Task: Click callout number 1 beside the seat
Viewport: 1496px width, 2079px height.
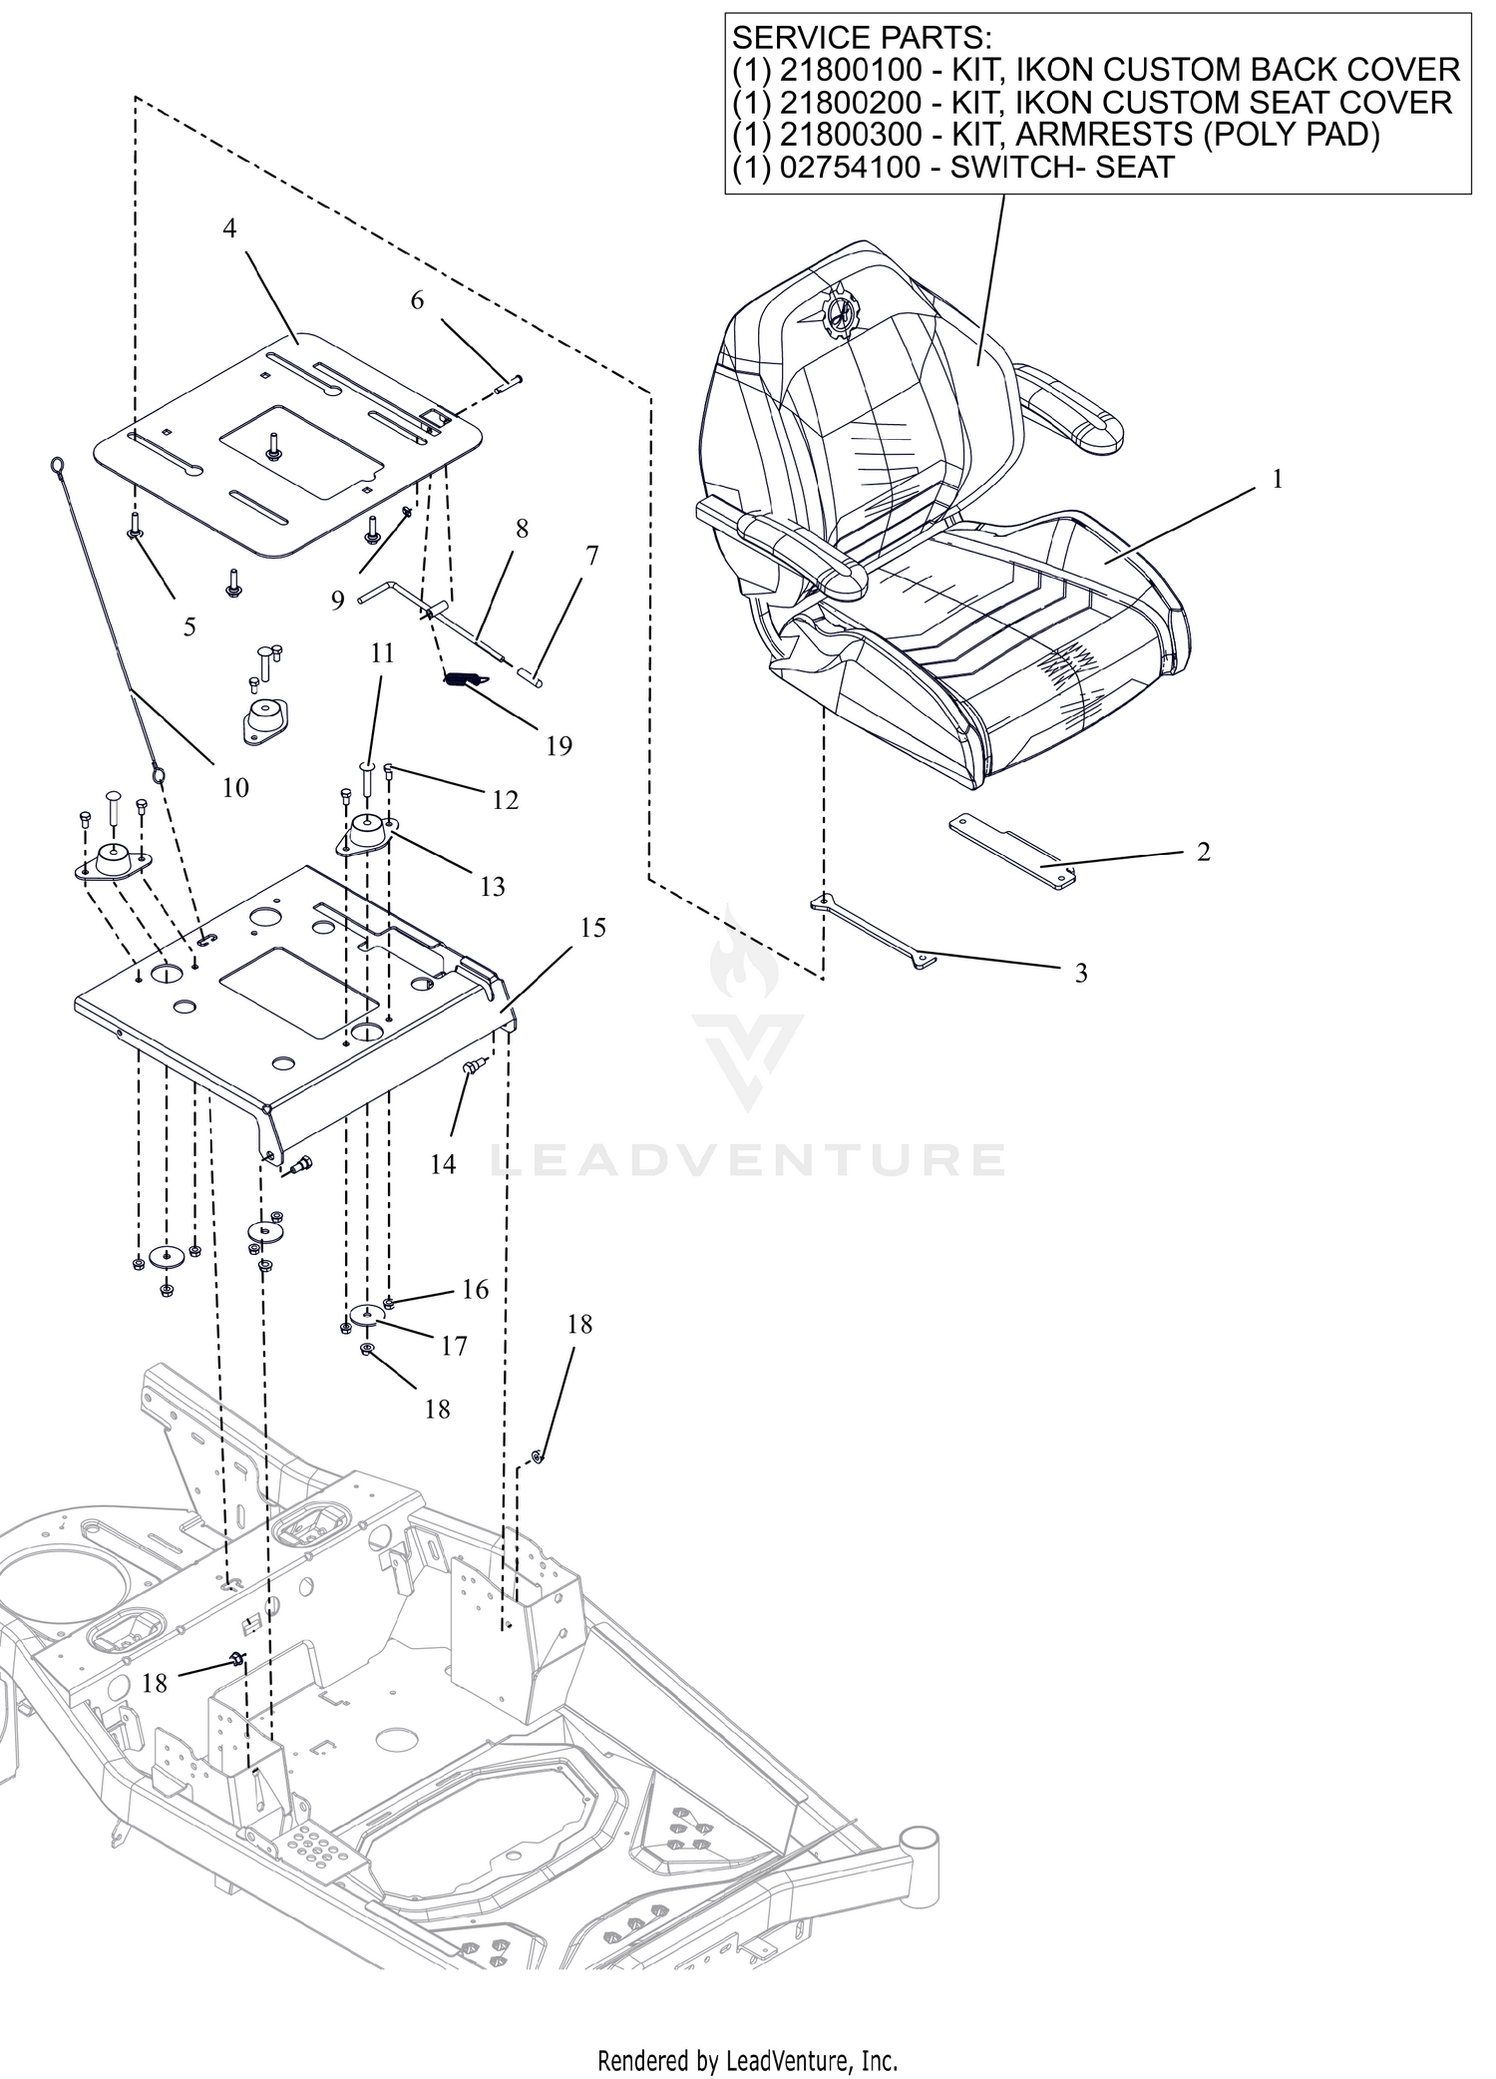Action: click(1278, 479)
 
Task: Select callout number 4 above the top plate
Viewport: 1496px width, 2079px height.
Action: click(229, 228)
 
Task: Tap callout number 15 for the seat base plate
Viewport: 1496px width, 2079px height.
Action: click(592, 928)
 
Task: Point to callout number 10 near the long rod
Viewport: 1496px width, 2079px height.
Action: click(235, 788)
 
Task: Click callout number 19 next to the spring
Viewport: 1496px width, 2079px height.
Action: click(559, 745)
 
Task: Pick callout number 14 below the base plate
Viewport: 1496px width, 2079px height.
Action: click(443, 1163)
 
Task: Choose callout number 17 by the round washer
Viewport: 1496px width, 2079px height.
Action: click(454, 1347)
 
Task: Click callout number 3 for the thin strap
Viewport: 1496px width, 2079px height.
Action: click(1081, 973)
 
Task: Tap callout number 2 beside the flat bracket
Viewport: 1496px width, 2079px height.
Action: click(1204, 852)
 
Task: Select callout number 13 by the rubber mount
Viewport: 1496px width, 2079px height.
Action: click(493, 886)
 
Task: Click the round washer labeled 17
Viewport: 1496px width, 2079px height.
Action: click(367, 1315)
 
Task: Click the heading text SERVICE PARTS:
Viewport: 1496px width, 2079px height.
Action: click(863, 38)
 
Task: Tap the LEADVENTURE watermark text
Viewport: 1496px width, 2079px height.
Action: click(748, 1160)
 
